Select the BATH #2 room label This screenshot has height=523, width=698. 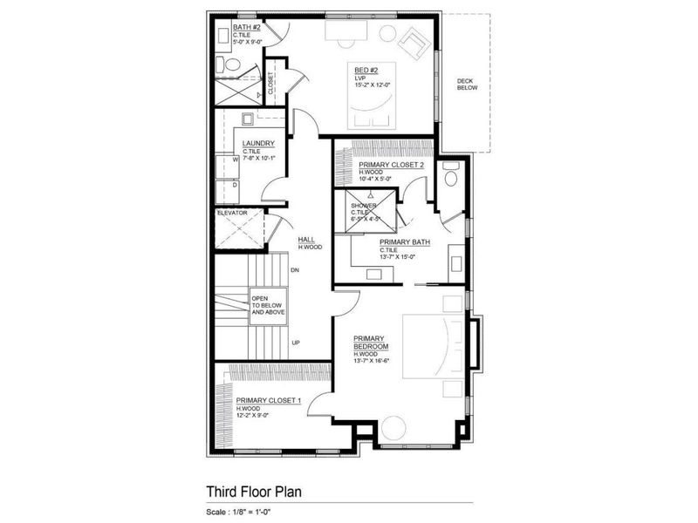[x=245, y=27]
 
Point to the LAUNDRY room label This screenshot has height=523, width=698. [x=259, y=144]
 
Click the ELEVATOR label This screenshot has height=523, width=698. [x=233, y=213]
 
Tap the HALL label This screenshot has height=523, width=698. [x=306, y=240]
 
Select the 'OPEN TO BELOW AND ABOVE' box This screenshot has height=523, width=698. [x=268, y=304]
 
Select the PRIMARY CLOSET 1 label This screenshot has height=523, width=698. [x=268, y=401]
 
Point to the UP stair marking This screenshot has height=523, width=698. [x=296, y=343]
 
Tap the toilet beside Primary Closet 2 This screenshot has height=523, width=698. [x=450, y=176]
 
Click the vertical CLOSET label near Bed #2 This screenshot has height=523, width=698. [x=270, y=83]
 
